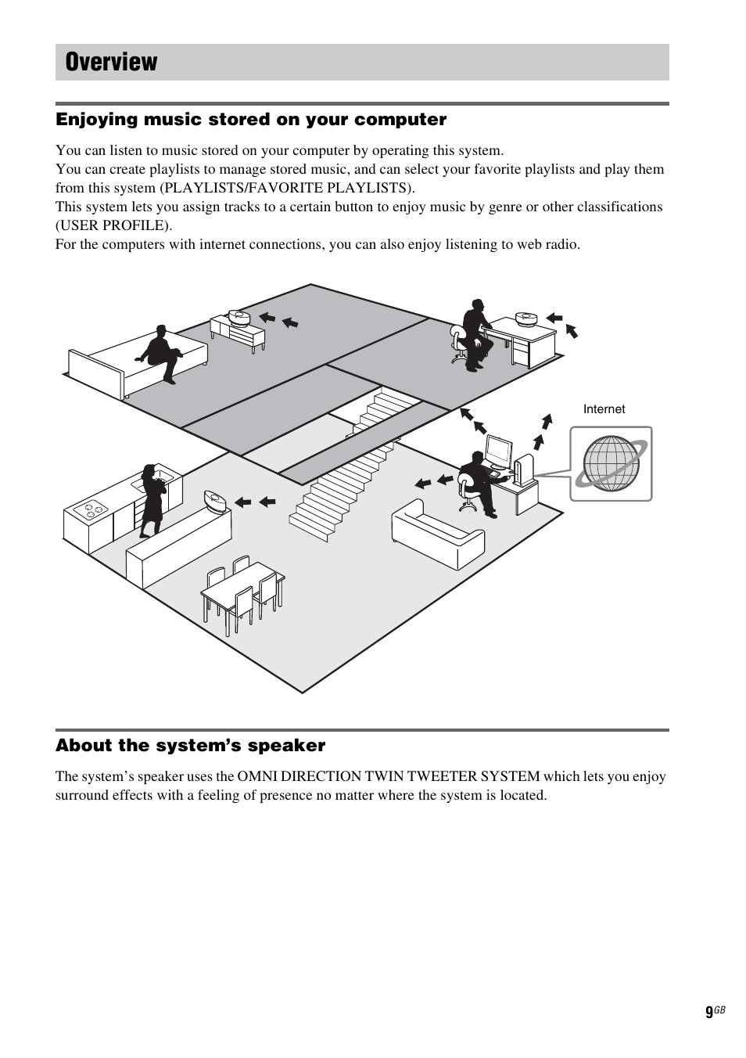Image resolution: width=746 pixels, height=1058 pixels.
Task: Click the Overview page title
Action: pyautogui.click(x=112, y=63)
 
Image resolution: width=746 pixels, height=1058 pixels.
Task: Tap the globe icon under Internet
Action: pyautogui.click(x=611, y=463)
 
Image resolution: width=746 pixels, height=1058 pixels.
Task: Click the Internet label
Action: pyautogui.click(x=604, y=409)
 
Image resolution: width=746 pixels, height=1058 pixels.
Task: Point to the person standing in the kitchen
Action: pyautogui.click(x=150, y=500)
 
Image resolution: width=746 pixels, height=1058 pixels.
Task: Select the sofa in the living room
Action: pyautogui.click(x=437, y=532)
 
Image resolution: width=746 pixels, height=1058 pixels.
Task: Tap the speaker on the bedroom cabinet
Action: pyautogui.click(x=238, y=317)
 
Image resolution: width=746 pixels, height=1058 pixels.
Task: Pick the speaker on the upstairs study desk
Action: pyautogui.click(x=525, y=318)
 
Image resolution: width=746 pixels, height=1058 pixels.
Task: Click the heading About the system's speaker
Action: pyautogui.click(x=190, y=746)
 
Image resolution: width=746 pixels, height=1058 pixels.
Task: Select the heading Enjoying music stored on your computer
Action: pyautogui.click(x=250, y=120)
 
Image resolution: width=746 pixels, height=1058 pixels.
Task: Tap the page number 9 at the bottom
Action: pyautogui.click(x=708, y=1013)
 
